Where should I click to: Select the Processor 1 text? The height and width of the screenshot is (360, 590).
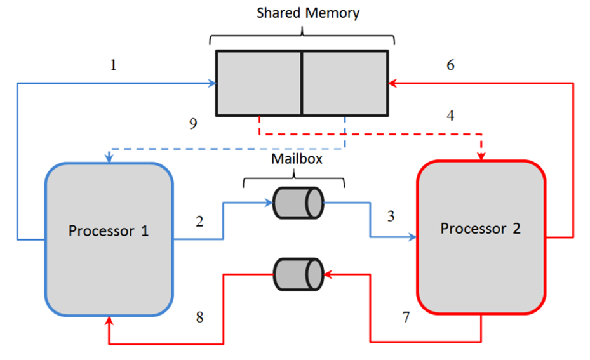pos(109,230)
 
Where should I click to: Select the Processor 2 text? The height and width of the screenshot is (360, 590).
pos(480,229)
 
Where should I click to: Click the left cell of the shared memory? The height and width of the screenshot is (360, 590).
pos(258,83)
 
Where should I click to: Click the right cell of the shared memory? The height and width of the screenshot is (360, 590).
pos(344,83)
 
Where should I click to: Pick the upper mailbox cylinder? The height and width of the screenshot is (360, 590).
pos(298,203)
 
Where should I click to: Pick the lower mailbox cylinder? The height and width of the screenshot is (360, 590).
pos(298,274)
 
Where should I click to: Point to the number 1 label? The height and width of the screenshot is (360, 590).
pos(114,65)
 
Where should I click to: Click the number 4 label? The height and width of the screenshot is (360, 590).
pos(450,116)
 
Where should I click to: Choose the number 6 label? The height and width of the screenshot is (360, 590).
pos(450,65)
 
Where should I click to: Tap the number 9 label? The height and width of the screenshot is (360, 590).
pos(192,123)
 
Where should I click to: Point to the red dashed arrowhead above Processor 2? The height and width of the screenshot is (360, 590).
pos(481,156)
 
